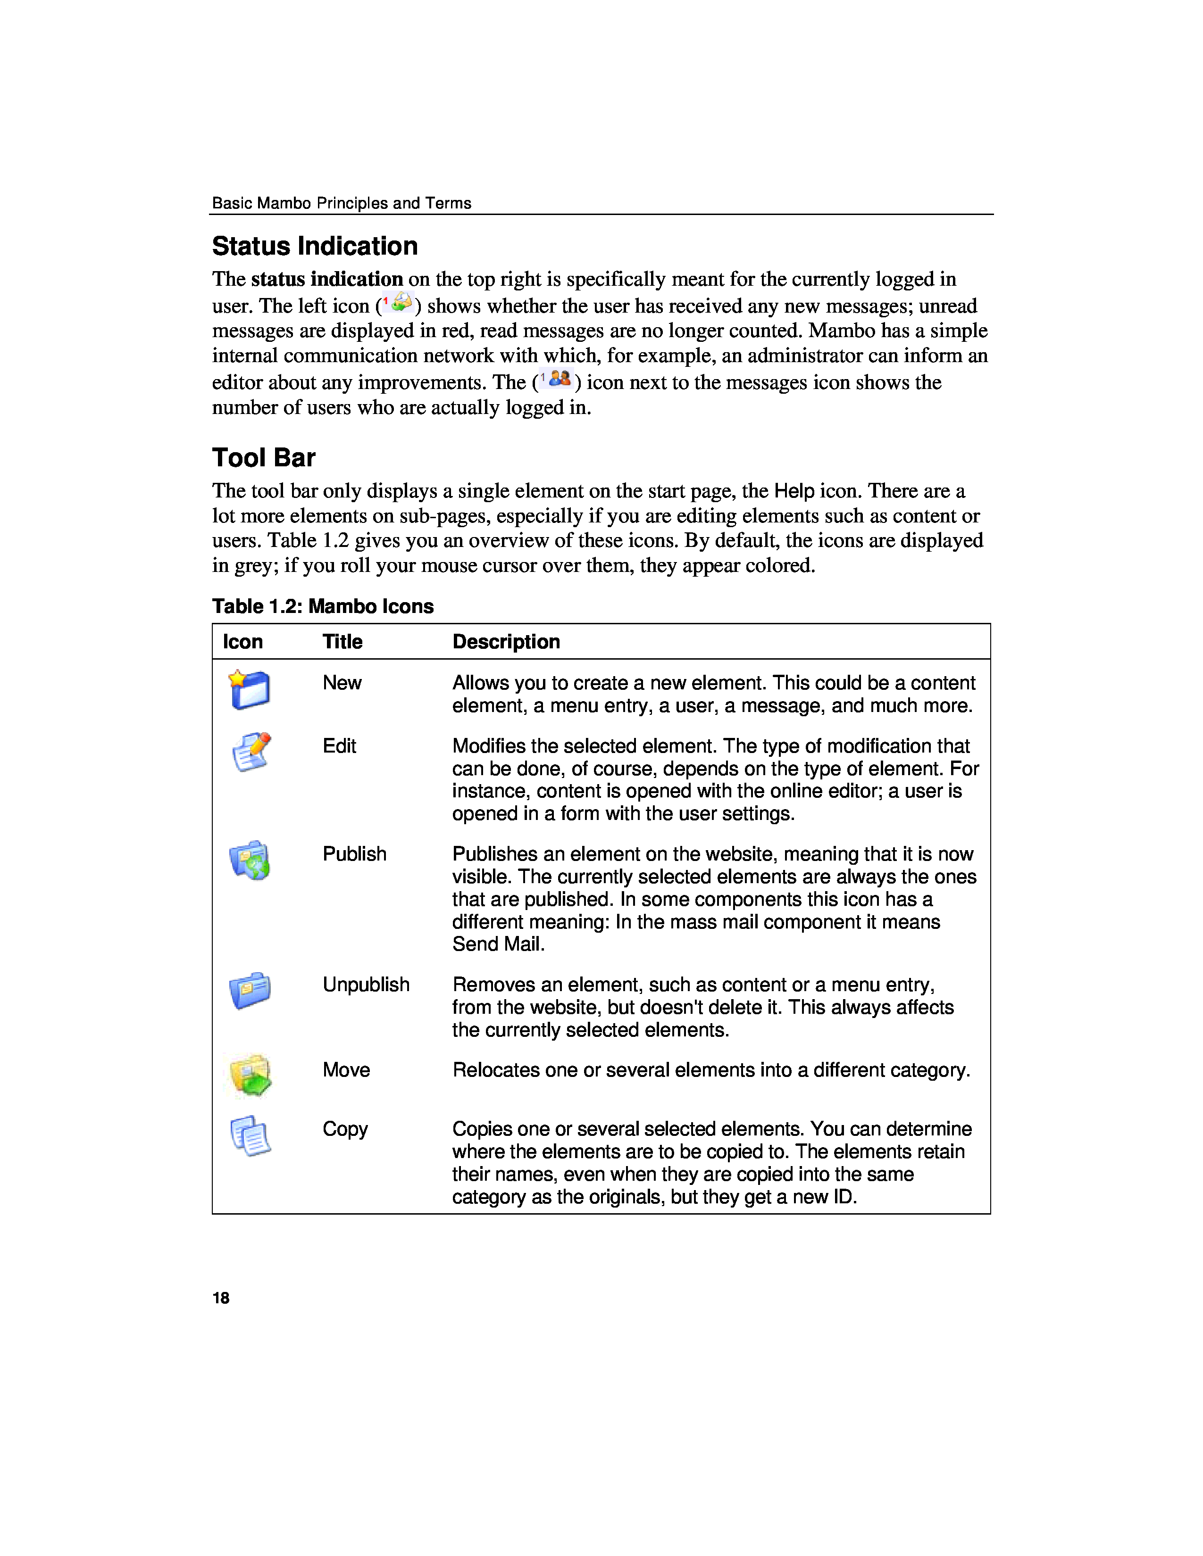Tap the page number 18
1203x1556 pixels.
[x=221, y=1298]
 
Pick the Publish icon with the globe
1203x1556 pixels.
[x=250, y=861]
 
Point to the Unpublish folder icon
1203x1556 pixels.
[x=250, y=990]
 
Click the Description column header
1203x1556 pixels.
[x=506, y=642]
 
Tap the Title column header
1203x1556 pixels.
[x=342, y=642]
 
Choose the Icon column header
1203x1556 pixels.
[x=242, y=642]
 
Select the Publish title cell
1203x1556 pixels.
[x=354, y=854]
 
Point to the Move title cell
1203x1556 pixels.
[x=346, y=1070]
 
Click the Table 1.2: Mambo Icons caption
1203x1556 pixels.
[x=322, y=606]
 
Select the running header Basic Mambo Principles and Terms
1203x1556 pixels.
[x=342, y=203]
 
